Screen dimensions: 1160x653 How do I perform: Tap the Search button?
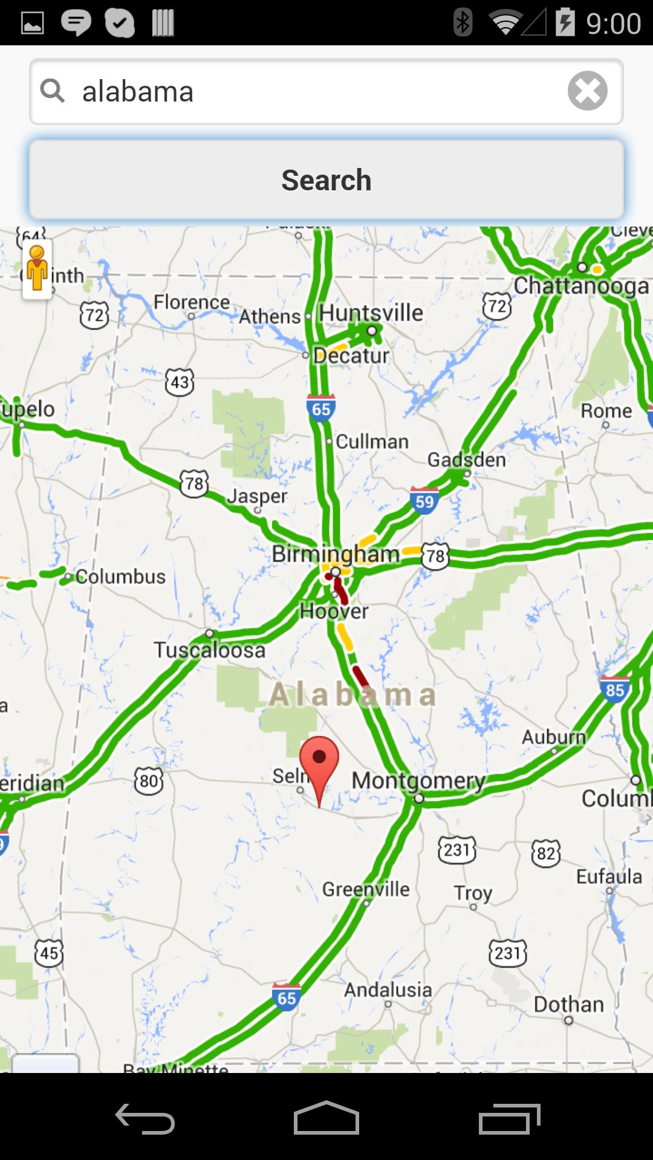326,179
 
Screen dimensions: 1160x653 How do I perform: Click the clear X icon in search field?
587,91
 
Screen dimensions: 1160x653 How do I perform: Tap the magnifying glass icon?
53,91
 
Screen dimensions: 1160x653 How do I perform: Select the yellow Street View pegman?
37,269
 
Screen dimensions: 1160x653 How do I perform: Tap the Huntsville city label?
371,313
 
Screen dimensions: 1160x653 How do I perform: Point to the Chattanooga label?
581,286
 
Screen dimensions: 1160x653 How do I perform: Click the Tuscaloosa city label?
209,650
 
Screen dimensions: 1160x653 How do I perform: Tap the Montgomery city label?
418,780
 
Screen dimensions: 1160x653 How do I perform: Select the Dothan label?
568,1004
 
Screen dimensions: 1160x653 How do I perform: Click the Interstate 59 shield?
424,500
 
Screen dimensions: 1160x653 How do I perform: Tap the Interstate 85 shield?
614,689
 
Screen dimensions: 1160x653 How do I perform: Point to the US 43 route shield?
180,382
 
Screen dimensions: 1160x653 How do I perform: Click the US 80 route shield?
149,781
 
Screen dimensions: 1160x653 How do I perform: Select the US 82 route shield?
545,853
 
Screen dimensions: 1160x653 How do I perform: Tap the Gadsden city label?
466,460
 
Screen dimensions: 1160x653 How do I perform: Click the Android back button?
145,1120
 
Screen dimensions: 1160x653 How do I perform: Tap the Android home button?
326,1120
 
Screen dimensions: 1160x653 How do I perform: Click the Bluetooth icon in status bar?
463,23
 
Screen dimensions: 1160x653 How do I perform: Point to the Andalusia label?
388,990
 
